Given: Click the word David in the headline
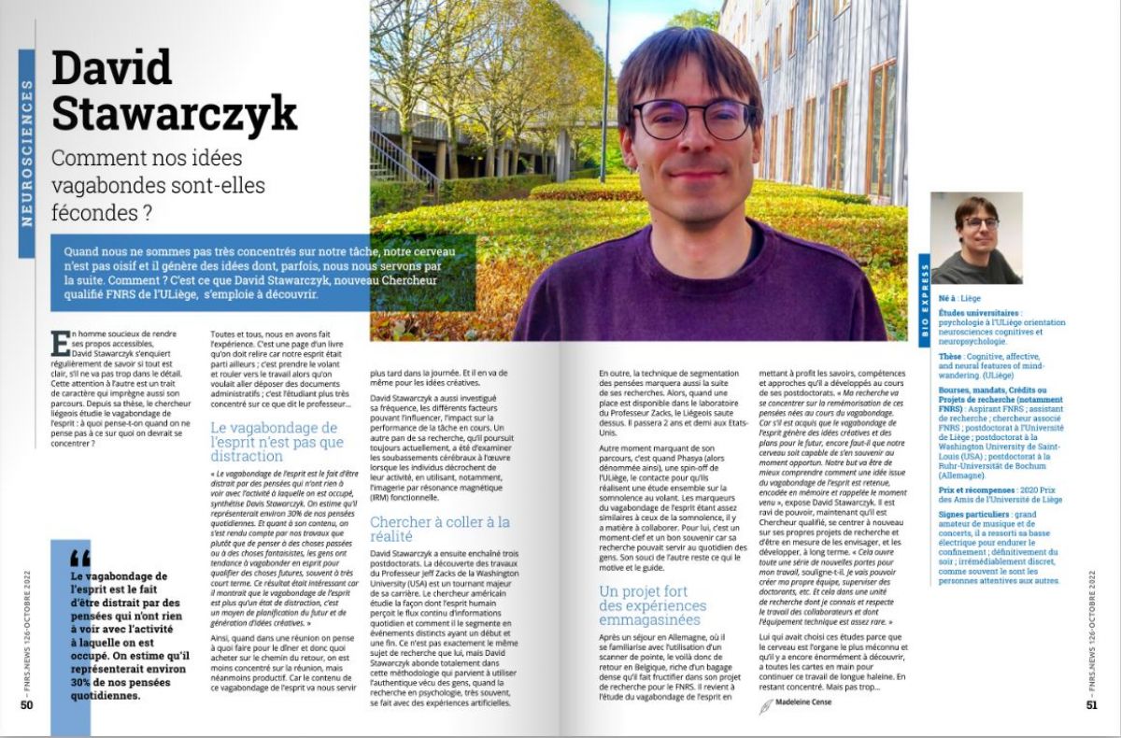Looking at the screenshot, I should (x=112, y=68).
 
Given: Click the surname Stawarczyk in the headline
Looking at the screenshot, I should (x=174, y=113).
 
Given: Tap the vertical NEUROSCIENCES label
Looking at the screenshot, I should (x=26, y=154).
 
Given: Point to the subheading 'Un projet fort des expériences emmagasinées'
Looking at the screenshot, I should (x=652, y=605).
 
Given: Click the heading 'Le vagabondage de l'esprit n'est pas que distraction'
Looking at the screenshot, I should (x=277, y=443).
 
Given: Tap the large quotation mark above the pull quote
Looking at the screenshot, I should (x=80, y=558).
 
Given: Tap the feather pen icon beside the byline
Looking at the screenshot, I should (x=767, y=706).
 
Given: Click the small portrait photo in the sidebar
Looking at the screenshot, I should (x=977, y=239).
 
